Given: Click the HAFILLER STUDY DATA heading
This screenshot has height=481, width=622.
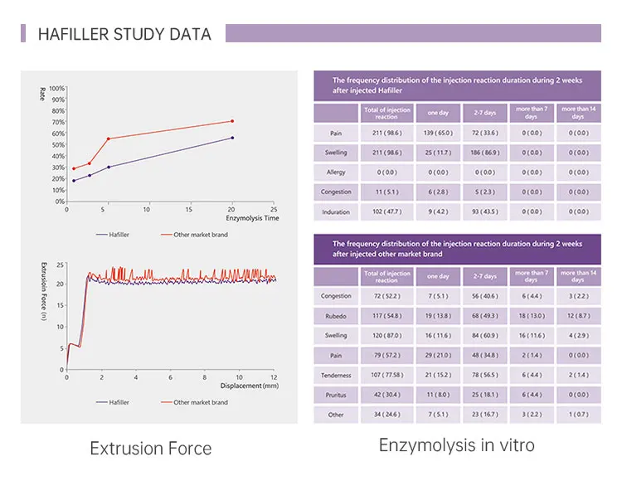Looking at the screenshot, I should pyautogui.click(x=124, y=34).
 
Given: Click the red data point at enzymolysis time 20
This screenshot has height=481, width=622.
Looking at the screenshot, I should pyautogui.click(x=232, y=121).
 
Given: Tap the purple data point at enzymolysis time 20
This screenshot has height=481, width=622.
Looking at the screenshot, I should pyautogui.click(x=232, y=138).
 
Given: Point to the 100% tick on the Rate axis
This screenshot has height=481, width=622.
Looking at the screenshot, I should pyautogui.click(x=56, y=88).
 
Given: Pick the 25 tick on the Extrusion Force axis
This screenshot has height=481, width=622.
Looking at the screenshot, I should pyautogui.click(x=60, y=265).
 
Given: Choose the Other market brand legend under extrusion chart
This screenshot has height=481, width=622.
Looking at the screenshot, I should pyautogui.click(x=200, y=402).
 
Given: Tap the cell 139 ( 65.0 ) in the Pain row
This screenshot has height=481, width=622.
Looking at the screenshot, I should pyautogui.click(x=438, y=133).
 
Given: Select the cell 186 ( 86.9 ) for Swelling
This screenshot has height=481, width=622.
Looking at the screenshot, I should pyautogui.click(x=484, y=153).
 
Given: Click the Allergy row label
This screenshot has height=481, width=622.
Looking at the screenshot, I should pyautogui.click(x=335, y=172).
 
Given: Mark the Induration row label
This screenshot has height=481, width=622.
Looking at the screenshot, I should pyautogui.click(x=335, y=212).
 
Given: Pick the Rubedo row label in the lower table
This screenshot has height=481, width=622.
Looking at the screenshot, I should pyautogui.click(x=335, y=315).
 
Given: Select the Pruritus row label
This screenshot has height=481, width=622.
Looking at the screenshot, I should pyautogui.click(x=335, y=395).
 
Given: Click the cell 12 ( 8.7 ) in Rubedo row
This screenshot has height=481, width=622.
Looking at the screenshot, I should pyautogui.click(x=578, y=315).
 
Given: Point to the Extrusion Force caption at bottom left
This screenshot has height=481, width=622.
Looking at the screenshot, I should pyautogui.click(x=150, y=449).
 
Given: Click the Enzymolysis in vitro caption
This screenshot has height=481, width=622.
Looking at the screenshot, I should pyautogui.click(x=457, y=445).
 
